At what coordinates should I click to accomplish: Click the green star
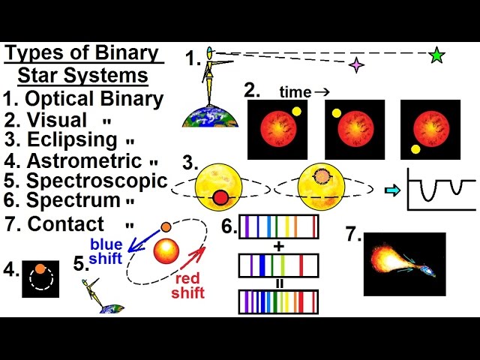(436, 55)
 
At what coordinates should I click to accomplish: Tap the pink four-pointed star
(357, 65)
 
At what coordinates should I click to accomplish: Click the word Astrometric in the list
(85, 160)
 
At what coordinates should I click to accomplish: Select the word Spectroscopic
(97, 181)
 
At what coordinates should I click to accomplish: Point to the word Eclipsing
(72, 140)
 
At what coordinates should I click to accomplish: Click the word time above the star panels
(295, 91)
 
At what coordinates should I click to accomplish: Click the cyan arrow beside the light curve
(392, 190)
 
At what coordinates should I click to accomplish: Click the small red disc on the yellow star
(220, 197)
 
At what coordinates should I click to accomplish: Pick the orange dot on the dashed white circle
(40, 268)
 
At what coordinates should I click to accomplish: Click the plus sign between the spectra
(279, 246)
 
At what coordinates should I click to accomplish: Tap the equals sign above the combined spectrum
(279, 283)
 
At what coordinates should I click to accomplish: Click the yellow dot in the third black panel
(415, 149)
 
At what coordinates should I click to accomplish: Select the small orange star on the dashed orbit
(166, 227)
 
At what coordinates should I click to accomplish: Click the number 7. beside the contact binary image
(353, 234)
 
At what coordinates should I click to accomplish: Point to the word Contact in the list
(66, 223)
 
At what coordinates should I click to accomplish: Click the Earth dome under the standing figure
(210, 116)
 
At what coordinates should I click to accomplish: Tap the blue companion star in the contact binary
(427, 270)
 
